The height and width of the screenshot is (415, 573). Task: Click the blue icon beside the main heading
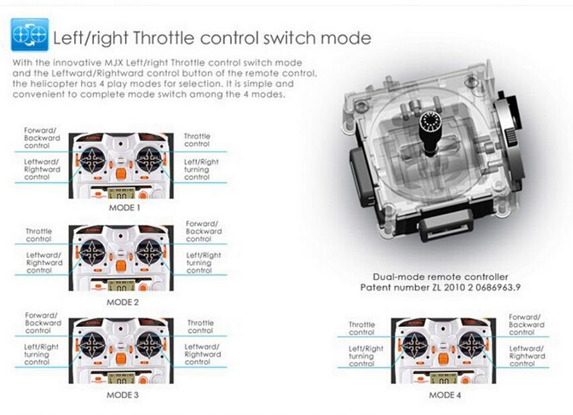(x=30, y=35)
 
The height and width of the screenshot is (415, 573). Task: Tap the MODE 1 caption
(x=124, y=208)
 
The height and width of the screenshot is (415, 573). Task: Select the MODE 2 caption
(x=122, y=302)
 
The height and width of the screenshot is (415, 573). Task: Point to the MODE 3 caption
(x=122, y=395)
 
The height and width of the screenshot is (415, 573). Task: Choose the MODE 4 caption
(x=445, y=395)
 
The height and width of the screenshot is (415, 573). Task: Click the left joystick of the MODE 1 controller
(x=93, y=160)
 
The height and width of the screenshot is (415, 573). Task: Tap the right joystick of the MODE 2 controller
(x=149, y=252)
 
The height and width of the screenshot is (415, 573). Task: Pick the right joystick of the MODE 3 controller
(x=149, y=345)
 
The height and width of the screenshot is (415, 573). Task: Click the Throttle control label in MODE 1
(x=197, y=140)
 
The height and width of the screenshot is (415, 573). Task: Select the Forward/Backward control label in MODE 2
(x=204, y=231)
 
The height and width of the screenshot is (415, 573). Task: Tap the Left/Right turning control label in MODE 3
(x=41, y=355)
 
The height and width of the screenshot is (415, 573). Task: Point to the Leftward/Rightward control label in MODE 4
(x=527, y=356)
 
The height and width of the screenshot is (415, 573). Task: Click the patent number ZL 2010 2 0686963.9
(x=441, y=287)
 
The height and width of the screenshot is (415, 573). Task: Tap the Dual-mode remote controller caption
(x=441, y=277)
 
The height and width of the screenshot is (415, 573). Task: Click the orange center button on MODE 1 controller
(x=121, y=173)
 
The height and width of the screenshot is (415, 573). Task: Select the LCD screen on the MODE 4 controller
(x=443, y=379)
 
